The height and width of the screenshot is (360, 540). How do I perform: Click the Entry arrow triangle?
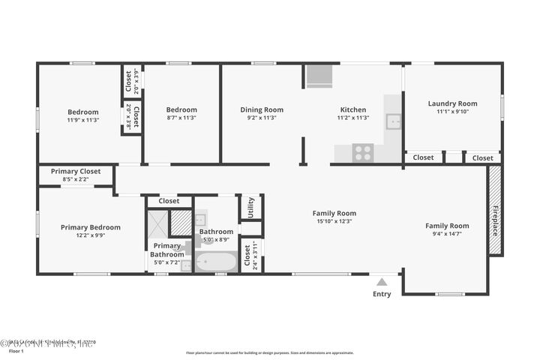click(x=382, y=282)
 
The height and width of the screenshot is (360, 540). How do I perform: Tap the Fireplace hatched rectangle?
click(x=495, y=211)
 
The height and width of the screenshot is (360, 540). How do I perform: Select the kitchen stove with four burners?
click(x=364, y=153)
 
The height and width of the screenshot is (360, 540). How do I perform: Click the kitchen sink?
click(x=392, y=121)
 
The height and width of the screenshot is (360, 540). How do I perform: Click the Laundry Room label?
click(x=452, y=103)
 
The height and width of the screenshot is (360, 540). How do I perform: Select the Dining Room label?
click(x=262, y=109)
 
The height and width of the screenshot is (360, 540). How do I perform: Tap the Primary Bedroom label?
click(x=91, y=227)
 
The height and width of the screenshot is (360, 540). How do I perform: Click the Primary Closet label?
click(x=76, y=171)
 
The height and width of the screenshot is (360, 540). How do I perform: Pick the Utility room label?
click(x=250, y=205)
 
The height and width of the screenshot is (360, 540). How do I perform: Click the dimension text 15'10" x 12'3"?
click(x=334, y=221)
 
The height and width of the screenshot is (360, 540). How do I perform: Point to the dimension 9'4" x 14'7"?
click(x=447, y=234)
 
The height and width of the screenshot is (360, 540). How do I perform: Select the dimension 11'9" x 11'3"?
click(x=83, y=120)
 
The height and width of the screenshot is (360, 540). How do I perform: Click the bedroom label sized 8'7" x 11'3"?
click(x=181, y=109)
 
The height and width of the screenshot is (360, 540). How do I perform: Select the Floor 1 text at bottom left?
click(x=16, y=350)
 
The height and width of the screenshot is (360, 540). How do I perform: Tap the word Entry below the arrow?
click(x=382, y=294)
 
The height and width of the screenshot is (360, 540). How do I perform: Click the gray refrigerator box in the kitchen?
click(x=319, y=76)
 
